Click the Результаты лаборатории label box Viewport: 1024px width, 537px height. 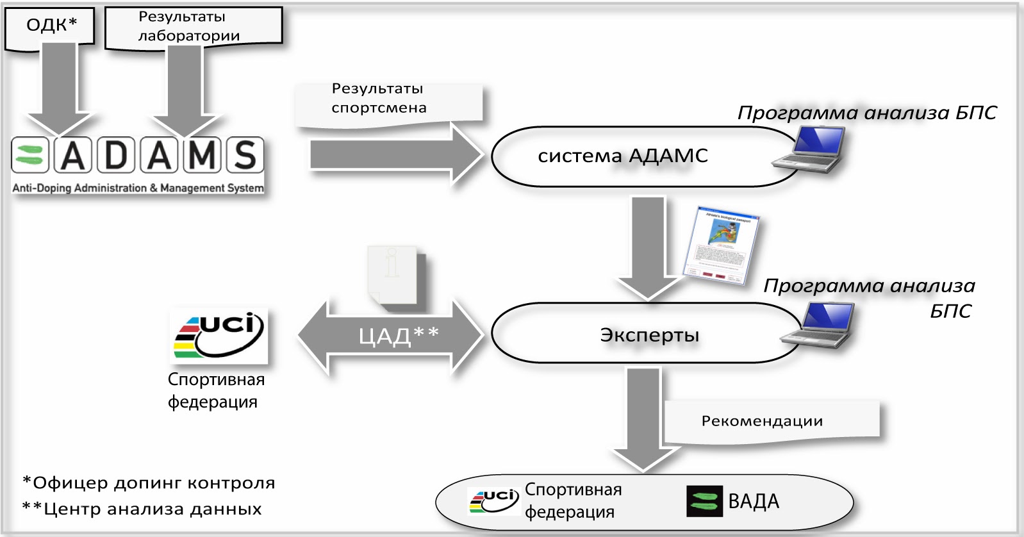[192, 27]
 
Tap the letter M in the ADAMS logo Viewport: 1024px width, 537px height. [202, 155]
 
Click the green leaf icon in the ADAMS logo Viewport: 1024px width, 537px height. [30, 155]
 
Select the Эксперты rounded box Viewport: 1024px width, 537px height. [647, 335]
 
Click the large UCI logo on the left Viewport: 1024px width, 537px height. [220, 335]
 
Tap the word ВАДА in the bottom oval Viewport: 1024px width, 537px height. [754, 501]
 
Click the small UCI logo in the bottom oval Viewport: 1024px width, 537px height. [493, 500]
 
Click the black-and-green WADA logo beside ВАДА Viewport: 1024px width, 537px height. [704, 501]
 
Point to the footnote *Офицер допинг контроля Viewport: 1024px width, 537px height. [149, 483]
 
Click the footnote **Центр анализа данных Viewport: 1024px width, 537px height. [142, 509]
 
